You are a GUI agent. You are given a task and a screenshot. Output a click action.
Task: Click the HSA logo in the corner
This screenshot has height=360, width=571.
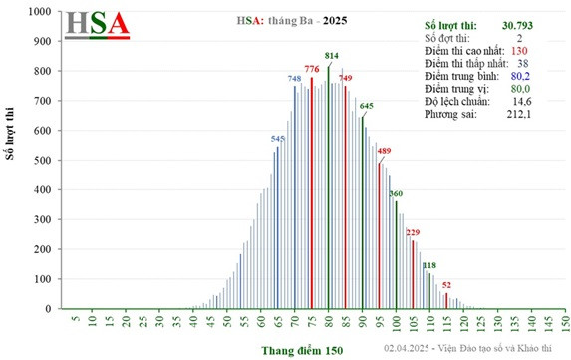coord(97,27)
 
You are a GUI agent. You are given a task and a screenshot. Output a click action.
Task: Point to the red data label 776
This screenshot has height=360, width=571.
coord(311,69)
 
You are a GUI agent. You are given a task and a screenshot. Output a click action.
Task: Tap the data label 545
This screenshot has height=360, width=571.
coord(278,138)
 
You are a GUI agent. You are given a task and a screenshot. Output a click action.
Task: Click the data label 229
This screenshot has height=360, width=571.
coord(413,232)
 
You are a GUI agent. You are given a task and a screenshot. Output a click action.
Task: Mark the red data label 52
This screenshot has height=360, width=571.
coord(447,286)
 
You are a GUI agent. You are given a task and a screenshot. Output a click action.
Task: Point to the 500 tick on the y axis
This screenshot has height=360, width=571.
coord(45,161)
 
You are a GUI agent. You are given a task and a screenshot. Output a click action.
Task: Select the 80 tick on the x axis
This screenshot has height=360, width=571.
coord(328,322)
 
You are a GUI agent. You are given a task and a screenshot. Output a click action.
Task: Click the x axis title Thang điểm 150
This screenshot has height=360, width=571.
coord(304,351)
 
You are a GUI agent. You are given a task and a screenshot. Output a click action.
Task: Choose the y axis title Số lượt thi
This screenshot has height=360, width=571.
coord(12,160)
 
